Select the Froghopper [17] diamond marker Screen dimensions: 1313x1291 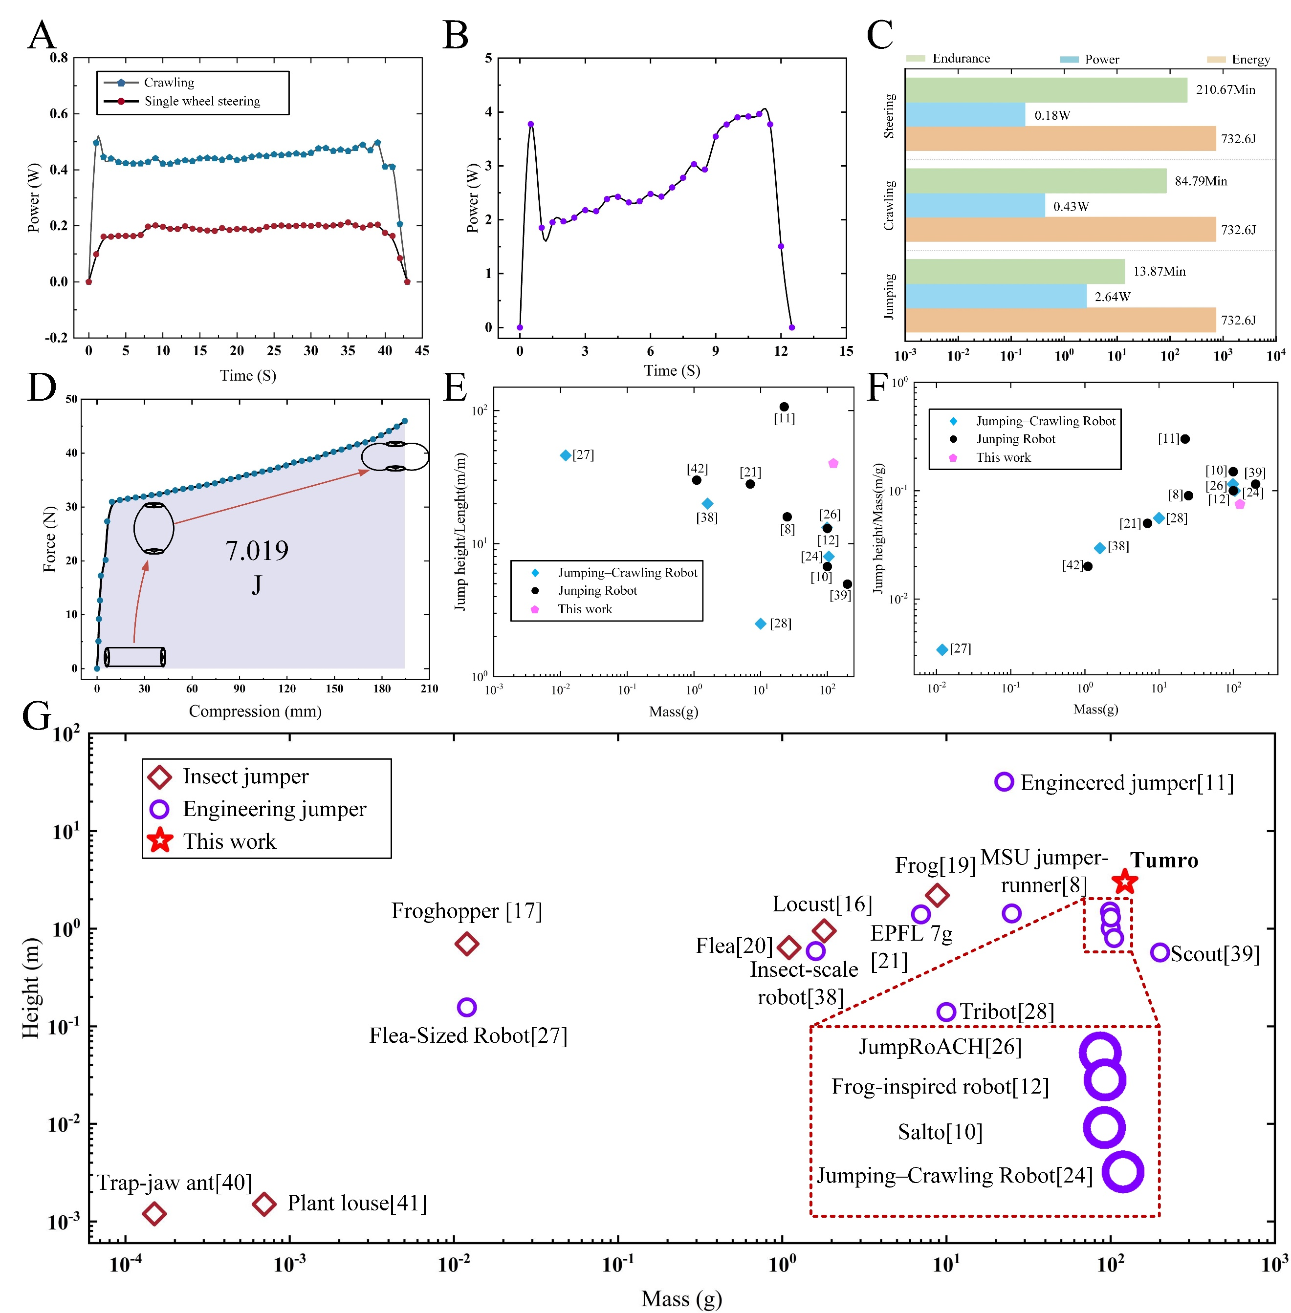(466, 944)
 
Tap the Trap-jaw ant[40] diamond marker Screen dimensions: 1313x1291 (154, 1213)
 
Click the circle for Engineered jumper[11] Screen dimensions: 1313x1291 (1004, 781)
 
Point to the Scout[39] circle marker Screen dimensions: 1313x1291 (1160, 952)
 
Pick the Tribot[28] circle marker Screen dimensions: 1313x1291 (946, 1012)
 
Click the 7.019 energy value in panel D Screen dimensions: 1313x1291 (257, 550)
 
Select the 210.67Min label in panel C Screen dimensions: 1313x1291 (1225, 89)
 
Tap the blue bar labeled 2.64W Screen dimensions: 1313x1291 (995, 296)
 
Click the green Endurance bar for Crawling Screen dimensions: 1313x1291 (1035, 181)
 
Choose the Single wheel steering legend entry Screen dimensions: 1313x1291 (201, 101)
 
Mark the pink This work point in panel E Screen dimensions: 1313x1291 (833, 464)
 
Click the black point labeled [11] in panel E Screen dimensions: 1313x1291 (784, 407)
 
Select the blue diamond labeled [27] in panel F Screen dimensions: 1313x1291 (942, 649)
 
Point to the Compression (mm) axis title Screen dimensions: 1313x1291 (255, 711)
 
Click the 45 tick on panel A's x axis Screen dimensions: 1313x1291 (422, 350)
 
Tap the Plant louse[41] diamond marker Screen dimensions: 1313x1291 (264, 1204)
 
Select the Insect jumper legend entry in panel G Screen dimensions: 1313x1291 (245, 776)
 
